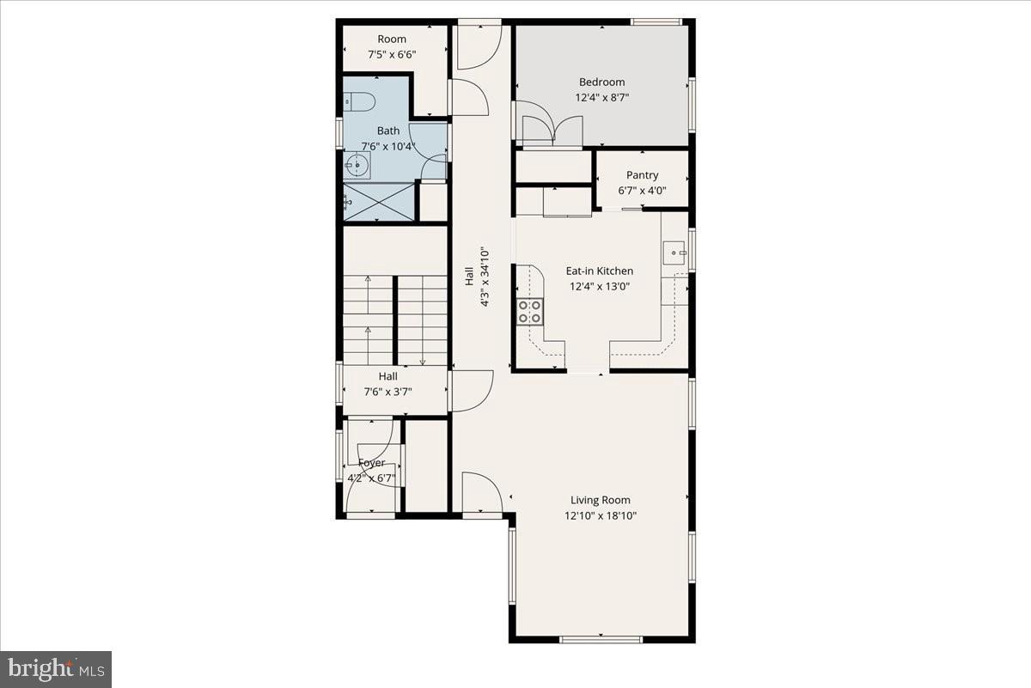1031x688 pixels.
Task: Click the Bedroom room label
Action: click(x=601, y=82)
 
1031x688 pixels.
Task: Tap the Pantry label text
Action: click(x=642, y=175)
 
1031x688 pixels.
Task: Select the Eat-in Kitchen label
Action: click(x=599, y=271)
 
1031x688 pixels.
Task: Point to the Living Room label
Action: click(x=601, y=500)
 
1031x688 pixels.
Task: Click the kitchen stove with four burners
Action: click(x=529, y=311)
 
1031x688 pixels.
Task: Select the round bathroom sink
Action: click(x=356, y=164)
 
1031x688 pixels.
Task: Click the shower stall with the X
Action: click(x=379, y=202)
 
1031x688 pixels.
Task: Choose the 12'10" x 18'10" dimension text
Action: click(x=601, y=516)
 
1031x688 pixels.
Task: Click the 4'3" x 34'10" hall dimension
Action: click(x=485, y=277)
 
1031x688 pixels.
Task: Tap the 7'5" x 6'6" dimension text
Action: click(x=392, y=55)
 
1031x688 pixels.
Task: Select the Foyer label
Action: click(x=371, y=463)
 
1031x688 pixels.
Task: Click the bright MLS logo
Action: click(x=56, y=668)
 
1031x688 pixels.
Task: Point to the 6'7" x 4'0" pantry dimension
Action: click(x=642, y=192)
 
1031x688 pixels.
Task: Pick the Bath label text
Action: click(x=387, y=131)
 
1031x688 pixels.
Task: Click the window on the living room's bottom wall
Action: click(x=601, y=638)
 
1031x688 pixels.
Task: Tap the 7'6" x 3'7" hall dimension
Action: click(x=388, y=393)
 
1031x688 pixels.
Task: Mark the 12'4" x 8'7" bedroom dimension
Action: click(x=601, y=98)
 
